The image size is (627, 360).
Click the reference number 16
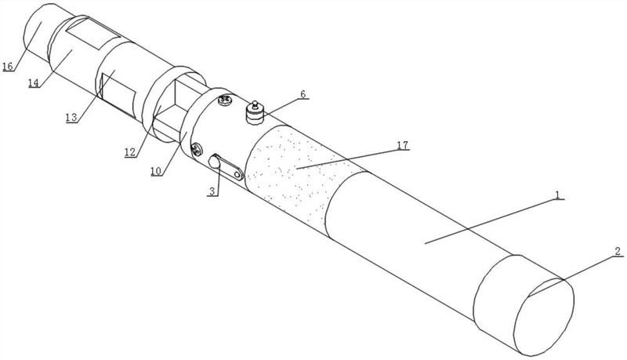pos(8,66)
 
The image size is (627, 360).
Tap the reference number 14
pos(34,83)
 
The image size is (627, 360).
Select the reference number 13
pos(71,118)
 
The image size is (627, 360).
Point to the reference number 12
pos(130,152)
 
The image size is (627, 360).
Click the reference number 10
pos(156,171)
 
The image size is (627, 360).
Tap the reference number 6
pos(303,94)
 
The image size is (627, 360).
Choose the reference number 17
pos(403,145)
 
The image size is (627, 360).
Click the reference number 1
pos(557,195)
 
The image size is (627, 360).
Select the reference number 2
pos(618,252)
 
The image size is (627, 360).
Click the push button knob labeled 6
pos(256,113)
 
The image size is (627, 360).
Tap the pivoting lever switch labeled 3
pos(226,167)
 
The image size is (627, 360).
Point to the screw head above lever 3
pos(197,150)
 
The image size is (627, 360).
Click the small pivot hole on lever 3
pos(238,175)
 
